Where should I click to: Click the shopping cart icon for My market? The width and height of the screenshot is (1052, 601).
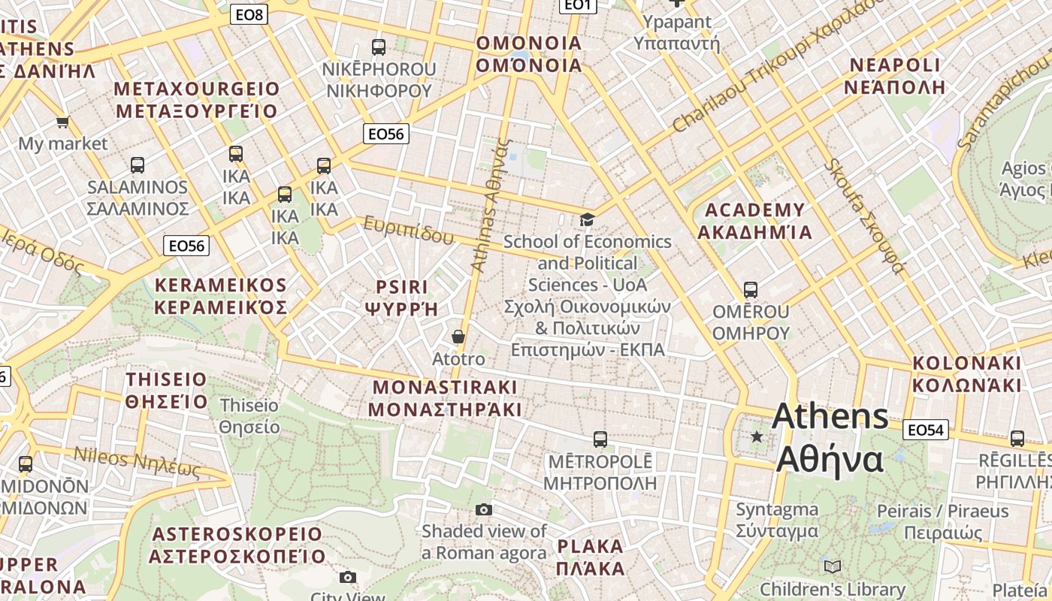coord(62,122)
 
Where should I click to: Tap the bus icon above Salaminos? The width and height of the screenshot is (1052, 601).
coord(137,165)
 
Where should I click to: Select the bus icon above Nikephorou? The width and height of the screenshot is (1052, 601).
coord(379,47)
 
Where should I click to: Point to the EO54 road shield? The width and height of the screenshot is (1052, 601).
coord(925,430)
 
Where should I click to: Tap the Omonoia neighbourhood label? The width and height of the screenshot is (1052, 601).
coord(529,54)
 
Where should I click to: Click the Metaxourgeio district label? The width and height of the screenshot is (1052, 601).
coord(196,100)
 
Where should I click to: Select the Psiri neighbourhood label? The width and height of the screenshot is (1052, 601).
coord(401,297)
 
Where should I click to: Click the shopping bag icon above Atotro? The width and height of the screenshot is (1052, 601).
coord(458,337)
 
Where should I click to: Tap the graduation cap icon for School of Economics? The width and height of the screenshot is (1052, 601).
coord(587,219)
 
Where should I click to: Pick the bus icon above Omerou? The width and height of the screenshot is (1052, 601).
coord(750,289)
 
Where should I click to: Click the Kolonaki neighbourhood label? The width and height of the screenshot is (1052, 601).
coord(966,374)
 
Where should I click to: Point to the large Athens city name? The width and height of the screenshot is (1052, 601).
coord(830,437)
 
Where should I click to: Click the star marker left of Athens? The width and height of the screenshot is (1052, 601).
coord(757,436)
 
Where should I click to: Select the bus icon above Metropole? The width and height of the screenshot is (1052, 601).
coord(600,439)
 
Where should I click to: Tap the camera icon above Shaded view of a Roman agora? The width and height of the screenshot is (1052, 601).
coord(484,510)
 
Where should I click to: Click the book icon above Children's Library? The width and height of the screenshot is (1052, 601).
coord(832,566)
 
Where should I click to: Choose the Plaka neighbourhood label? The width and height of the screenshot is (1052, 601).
coord(591,557)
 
